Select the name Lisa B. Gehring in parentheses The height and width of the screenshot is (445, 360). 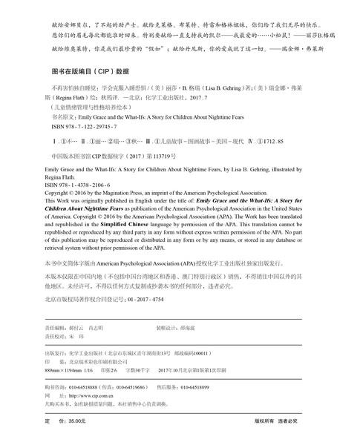[220, 85]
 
